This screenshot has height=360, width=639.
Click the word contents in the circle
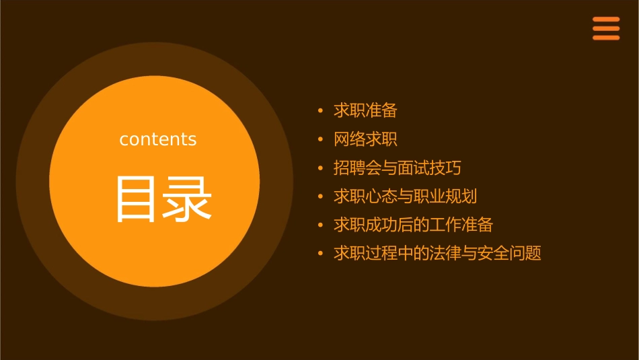coord(158,139)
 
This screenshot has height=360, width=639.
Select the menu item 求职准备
coord(365,110)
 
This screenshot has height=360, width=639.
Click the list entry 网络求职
coord(365,139)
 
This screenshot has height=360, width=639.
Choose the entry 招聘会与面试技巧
coord(397,168)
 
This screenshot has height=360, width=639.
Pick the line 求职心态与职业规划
coord(405,196)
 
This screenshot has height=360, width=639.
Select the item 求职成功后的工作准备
coord(413,225)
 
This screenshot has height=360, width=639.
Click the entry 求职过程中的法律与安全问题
coord(437,254)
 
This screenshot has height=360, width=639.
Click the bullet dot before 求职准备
coord(320,110)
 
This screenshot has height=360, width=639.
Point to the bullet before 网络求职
coord(320,139)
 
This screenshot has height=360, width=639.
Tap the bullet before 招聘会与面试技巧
coord(320,168)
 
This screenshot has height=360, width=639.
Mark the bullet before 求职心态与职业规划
coord(320,196)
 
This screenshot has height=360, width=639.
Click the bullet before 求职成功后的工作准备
coord(320,225)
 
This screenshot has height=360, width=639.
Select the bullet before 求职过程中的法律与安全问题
coord(320,254)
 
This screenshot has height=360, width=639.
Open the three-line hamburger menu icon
coord(606,28)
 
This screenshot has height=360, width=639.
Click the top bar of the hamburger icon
coord(606,20)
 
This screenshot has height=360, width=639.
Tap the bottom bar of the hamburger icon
coord(606,38)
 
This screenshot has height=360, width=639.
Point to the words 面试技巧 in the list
coord(428,168)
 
